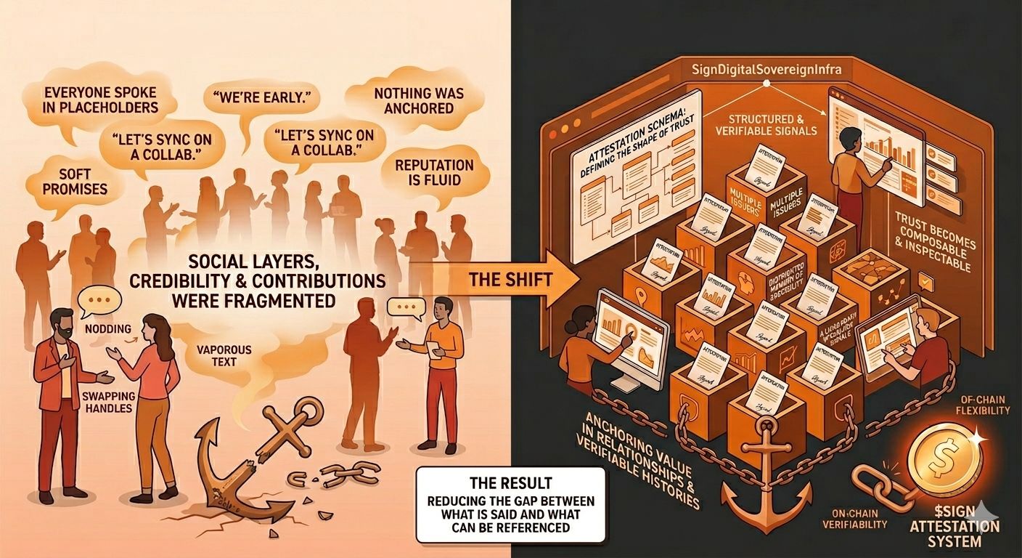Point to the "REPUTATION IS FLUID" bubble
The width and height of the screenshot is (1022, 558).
coord(433,173)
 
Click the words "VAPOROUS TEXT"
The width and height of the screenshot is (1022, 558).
coord(224,355)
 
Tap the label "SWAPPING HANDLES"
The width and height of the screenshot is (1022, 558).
coord(107,402)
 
